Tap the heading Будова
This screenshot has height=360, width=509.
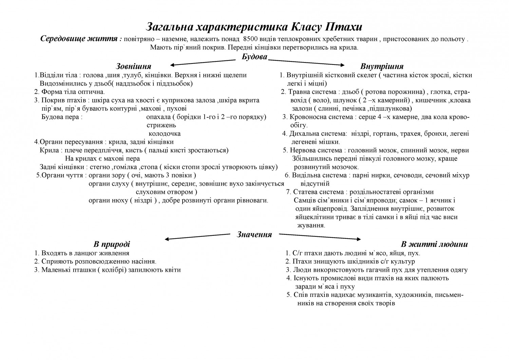[254, 56]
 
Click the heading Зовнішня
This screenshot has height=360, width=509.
[134, 66]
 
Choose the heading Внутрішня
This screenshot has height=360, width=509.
[382, 66]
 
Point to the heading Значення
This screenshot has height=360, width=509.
[254, 234]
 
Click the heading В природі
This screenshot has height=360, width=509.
[112, 244]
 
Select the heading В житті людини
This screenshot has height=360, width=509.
[434, 244]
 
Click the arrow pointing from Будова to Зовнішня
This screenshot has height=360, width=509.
[203, 62]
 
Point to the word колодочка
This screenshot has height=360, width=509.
[165, 134]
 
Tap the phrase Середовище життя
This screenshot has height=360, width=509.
[81, 39]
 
